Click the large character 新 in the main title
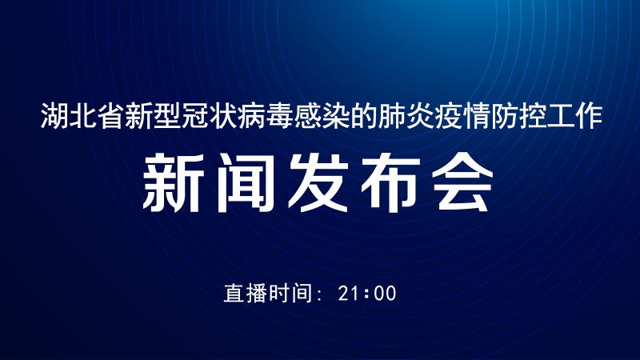(x=173, y=182)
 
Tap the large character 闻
(x=245, y=182)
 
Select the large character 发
(x=318, y=182)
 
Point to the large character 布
(x=390, y=182)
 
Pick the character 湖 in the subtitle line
(x=54, y=116)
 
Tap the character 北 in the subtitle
(x=83, y=116)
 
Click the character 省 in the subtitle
(x=111, y=116)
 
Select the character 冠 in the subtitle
(x=195, y=116)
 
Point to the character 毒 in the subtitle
(x=279, y=116)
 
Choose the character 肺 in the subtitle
(x=392, y=116)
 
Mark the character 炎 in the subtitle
(x=420, y=116)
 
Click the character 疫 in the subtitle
(x=448, y=116)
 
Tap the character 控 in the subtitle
(x=533, y=116)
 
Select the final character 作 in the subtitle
(x=589, y=116)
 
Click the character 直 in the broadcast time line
(x=234, y=293)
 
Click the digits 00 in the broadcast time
(x=385, y=294)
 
